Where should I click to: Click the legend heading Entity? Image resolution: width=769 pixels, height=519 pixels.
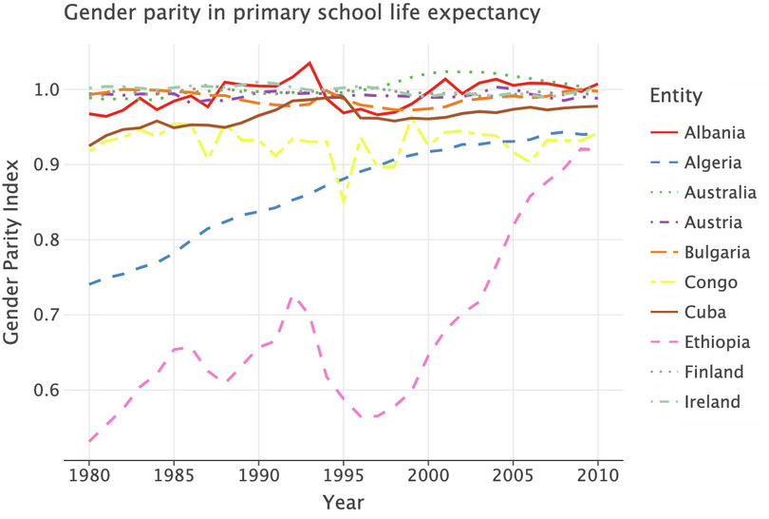(x=675, y=96)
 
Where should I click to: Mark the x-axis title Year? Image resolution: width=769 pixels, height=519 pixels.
(x=343, y=501)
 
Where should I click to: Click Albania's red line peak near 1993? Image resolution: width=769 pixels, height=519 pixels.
(x=309, y=63)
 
